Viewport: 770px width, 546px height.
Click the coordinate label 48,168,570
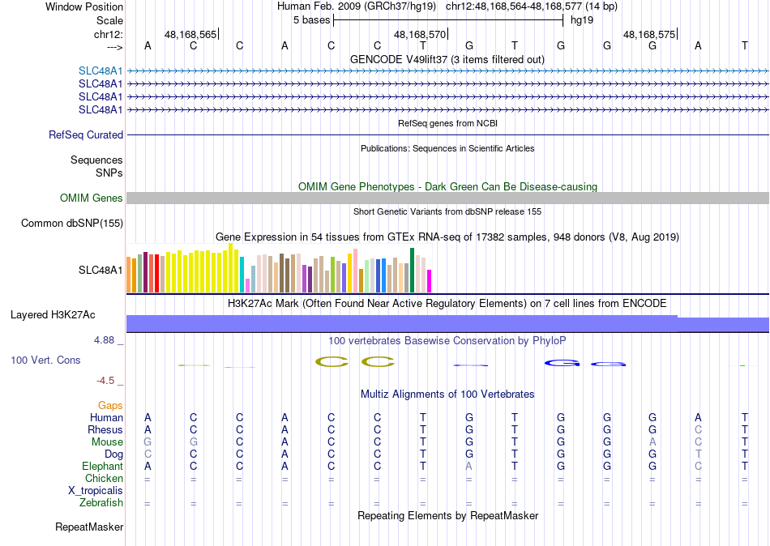420,35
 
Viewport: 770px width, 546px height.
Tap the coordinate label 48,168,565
190,35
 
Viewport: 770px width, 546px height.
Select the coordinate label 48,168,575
648,35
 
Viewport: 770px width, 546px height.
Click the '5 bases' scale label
311,19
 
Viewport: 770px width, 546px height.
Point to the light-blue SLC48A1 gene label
101,70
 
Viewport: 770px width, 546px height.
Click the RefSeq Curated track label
86,135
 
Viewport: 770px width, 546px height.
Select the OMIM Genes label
92,198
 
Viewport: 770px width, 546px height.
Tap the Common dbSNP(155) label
72,223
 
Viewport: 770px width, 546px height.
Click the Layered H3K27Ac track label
53,314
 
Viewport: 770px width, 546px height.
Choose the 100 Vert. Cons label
45,360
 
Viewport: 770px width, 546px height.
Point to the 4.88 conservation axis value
106,340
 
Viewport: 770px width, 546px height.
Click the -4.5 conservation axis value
107,380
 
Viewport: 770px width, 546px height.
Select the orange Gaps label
110,405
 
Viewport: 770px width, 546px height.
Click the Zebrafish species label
101,503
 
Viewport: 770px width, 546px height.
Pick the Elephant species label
102,467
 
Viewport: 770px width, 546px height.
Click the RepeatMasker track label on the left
89,527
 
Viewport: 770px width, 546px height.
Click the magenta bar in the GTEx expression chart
430,280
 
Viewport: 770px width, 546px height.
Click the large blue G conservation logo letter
561,362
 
